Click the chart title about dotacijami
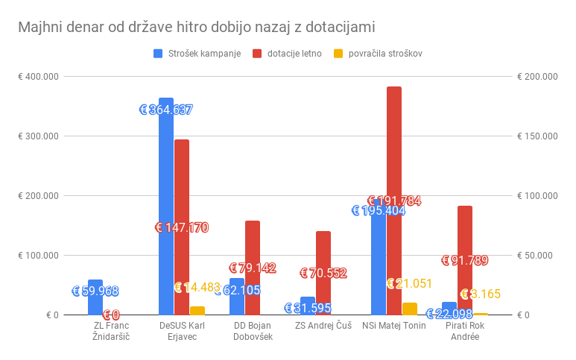pos(197,27)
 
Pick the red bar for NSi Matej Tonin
pos(394,200)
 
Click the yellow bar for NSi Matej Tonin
pos(410,309)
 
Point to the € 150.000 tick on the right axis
pos(537,136)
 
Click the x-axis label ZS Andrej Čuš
pos(323,326)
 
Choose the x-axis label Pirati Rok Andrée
pos(465,331)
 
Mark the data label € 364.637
pos(166,110)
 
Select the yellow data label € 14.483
pos(197,288)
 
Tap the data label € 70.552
pos(323,274)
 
